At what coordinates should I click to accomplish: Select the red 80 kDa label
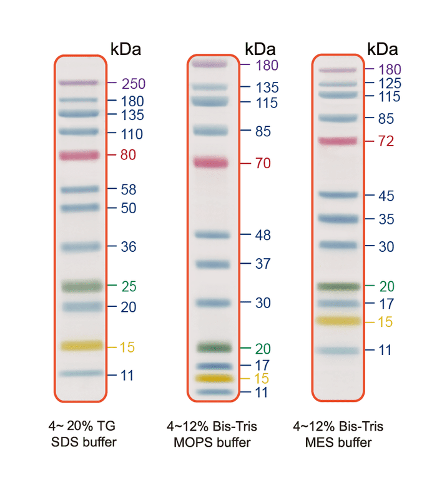coord(129,154)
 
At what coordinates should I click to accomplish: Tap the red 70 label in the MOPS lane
coord(263,164)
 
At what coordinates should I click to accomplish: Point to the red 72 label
coord(386,141)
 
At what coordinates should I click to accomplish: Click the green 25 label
coord(129,286)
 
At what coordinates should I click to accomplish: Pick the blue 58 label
coord(129,189)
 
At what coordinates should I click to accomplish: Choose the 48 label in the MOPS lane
coord(263,235)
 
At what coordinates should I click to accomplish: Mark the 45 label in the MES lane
coord(386,196)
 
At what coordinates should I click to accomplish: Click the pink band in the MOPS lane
coord(212,162)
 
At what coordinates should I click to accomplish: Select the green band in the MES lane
coord(338,286)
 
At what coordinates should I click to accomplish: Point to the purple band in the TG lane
coord(78,82)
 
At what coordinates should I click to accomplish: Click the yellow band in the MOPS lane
coord(212,378)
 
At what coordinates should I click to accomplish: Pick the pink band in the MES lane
coord(338,141)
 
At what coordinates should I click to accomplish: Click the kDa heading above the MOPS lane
coord(260,49)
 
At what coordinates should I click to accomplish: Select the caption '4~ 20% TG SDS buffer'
coord(82,434)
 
